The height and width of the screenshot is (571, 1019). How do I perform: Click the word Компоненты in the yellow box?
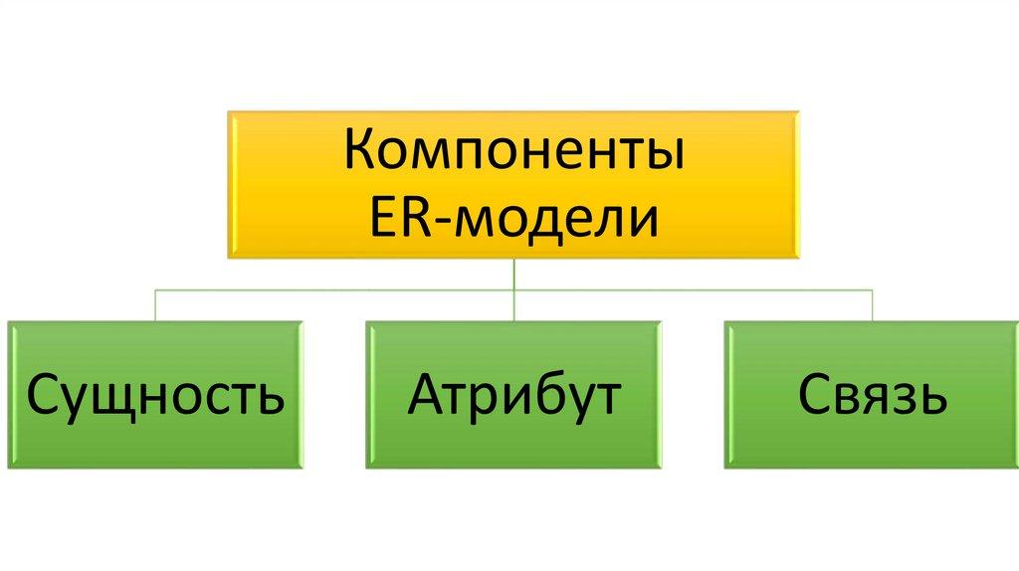click(x=514, y=149)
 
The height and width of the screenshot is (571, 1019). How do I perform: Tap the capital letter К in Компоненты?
click(x=360, y=149)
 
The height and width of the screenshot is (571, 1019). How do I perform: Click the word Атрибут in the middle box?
click(x=514, y=394)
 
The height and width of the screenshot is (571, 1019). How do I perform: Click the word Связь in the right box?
click(x=872, y=394)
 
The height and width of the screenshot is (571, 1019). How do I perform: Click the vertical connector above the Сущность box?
click(x=154, y=305)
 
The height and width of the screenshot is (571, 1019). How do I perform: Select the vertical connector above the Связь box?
click(x=872, y=305)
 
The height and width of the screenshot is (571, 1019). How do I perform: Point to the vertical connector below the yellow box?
click(x=514, y=289)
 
